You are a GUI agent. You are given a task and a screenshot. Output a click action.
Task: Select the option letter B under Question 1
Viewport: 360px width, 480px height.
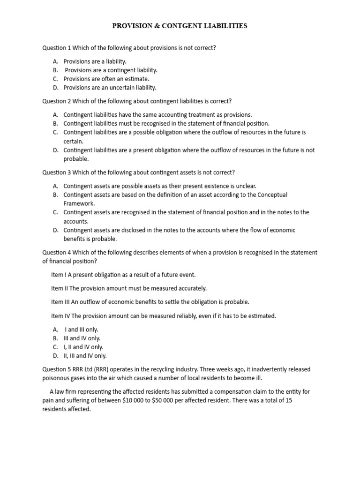click(55, 70)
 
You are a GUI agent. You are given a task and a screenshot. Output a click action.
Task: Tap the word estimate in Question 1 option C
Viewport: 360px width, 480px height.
click(136, 79)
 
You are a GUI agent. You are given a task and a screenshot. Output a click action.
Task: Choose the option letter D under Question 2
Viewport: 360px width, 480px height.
click(55, 150)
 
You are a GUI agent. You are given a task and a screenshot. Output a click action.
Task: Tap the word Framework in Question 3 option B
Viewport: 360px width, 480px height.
click(79, 203)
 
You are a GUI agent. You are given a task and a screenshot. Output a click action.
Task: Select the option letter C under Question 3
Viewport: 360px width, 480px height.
click(55, 212)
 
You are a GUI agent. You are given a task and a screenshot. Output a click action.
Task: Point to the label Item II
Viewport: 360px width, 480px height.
click(60, 288)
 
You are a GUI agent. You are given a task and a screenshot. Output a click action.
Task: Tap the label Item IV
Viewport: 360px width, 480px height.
click(60, 316)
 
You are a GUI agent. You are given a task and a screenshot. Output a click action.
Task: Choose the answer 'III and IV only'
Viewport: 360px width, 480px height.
click(82, 338)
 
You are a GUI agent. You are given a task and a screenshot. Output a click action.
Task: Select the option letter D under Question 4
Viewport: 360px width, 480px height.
click(55, 356)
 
